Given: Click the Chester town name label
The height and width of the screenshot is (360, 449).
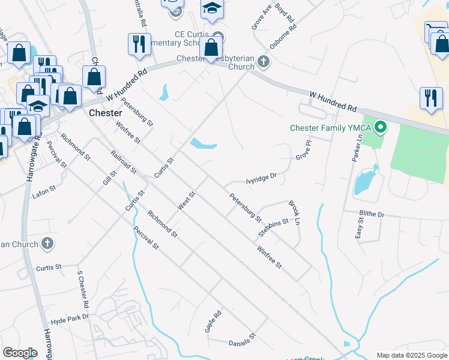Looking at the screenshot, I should (x=105, y=113).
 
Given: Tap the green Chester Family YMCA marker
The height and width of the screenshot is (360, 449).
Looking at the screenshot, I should (x=379, y=127).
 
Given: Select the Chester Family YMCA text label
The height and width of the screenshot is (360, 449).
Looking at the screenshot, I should (x=330, y=128).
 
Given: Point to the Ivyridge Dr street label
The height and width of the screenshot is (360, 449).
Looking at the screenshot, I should (x=261, y=178).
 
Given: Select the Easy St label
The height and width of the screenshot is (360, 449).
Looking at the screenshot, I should (x=359, y=229).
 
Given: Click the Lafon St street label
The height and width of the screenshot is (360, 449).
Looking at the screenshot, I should (x=43, y=188).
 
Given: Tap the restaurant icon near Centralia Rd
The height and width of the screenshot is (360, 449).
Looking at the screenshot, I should (x=139, y=44).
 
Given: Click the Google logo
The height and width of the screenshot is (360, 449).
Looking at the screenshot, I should (x=20, y=352).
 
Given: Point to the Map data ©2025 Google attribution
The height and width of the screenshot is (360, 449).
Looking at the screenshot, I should (x=412, y=355).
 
